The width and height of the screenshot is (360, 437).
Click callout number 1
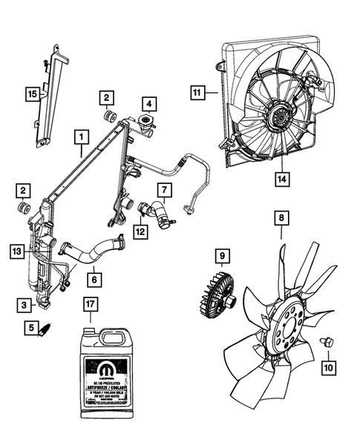pyautogui.click(x=79, y=137)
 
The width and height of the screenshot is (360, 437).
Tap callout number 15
pyautogui.click(x=31, y=94)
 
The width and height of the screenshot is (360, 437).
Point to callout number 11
pyautogui.click(x=197, y=93)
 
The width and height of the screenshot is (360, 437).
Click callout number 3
pyautogui.click(x=25, y=305)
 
